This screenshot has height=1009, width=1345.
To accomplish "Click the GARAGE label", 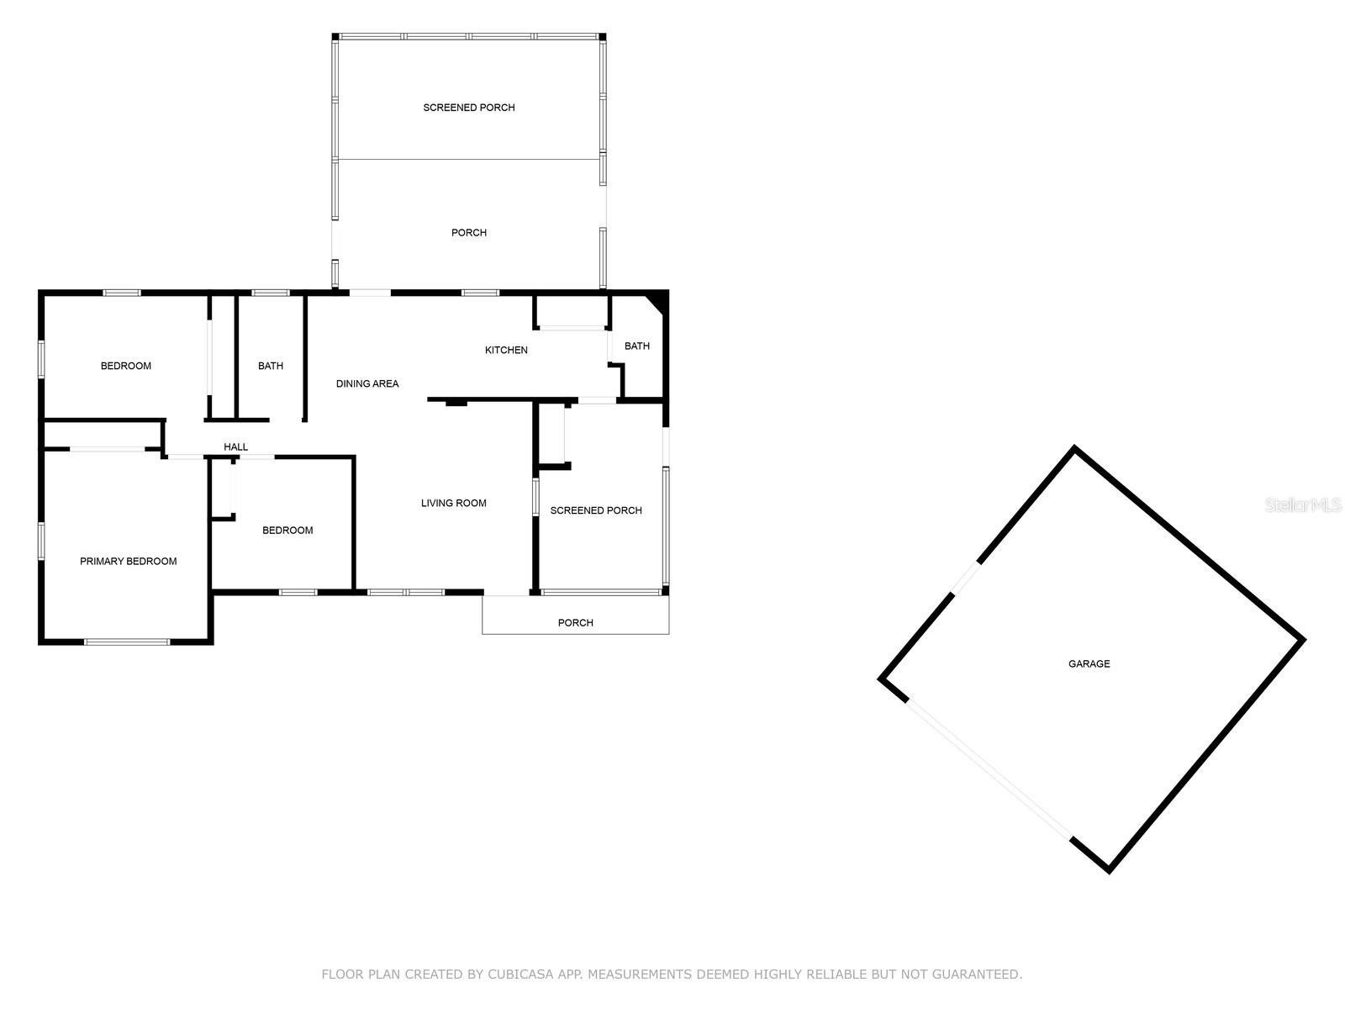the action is point(1089,663).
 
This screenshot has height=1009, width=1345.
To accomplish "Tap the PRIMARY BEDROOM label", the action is point(128,561).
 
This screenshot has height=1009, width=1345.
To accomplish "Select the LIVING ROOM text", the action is point(453,503).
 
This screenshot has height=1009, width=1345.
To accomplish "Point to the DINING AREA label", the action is point(367,383).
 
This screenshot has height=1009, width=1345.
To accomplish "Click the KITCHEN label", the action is point(506,350).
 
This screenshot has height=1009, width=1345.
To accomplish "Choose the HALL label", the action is point(236,447).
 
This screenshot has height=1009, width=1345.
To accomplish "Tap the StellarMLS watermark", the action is point(1303,505).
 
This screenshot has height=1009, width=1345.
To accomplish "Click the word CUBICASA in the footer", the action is point(521,975).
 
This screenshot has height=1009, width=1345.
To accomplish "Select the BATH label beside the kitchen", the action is point(637,346).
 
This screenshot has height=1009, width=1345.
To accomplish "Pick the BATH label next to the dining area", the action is point(270,366).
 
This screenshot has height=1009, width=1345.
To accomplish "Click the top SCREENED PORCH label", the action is point(469,108).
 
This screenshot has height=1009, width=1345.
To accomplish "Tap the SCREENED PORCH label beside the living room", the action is point(596,510).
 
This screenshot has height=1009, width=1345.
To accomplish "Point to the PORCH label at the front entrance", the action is point(575,622).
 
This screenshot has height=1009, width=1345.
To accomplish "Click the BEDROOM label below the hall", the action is point(287,531).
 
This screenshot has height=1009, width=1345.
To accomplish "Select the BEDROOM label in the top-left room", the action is point(125,366).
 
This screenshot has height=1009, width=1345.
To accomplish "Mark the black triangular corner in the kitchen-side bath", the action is point(658,303).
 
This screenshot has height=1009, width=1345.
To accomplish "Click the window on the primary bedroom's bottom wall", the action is point(126,642).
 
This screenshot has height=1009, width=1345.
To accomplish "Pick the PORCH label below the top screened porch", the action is point(469,233).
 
